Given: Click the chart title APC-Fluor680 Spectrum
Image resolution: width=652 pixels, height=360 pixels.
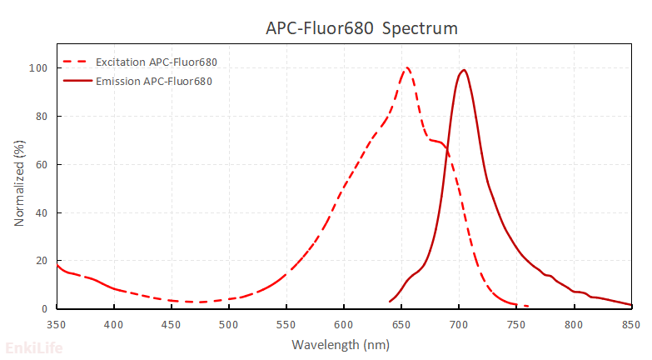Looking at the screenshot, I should tap(361, 28).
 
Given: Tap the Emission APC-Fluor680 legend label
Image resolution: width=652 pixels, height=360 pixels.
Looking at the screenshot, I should tap(154, 81).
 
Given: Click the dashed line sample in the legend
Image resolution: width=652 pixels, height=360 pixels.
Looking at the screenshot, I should tap(76, 63).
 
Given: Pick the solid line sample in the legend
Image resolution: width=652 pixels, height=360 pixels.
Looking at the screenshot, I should tap(76, 81).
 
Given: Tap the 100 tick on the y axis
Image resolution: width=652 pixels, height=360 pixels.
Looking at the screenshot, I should tap(39, 68).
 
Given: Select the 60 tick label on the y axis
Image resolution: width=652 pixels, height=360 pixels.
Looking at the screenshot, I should tap(42, 165).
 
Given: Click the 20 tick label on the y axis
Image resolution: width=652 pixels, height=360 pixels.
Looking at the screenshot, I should tap(42, 261).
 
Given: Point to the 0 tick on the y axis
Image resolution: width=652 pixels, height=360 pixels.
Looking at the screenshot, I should tap(45, 309).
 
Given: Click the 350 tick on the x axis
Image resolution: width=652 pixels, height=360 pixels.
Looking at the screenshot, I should tap(57, 324).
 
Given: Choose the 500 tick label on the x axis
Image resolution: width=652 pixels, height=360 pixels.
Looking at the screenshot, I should tap(229, 324).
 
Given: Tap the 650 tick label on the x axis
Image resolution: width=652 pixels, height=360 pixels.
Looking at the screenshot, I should tap(401, 324).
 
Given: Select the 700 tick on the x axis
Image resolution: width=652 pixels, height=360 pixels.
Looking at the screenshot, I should tap(459, 324).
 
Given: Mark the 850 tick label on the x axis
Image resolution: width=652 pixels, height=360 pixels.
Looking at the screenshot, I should tap(631, 324).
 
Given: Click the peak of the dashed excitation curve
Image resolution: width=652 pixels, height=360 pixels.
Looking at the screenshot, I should tap(407, 68).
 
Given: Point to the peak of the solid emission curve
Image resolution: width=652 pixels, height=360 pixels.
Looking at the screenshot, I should tap(464, 70).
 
